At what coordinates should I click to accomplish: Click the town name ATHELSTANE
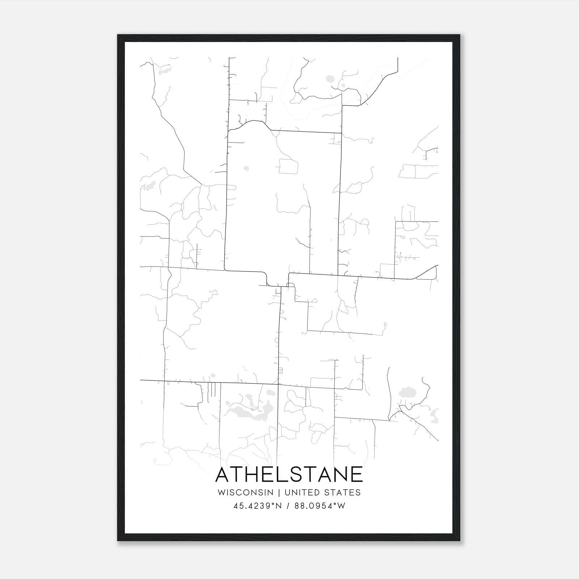click(289, 474)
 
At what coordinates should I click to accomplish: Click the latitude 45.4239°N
click(257, 506)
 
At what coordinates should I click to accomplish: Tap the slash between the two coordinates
click(288, 506)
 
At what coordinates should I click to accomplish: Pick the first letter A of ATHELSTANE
click(223, 474)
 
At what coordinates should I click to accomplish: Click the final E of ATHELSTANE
click(358, 474)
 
